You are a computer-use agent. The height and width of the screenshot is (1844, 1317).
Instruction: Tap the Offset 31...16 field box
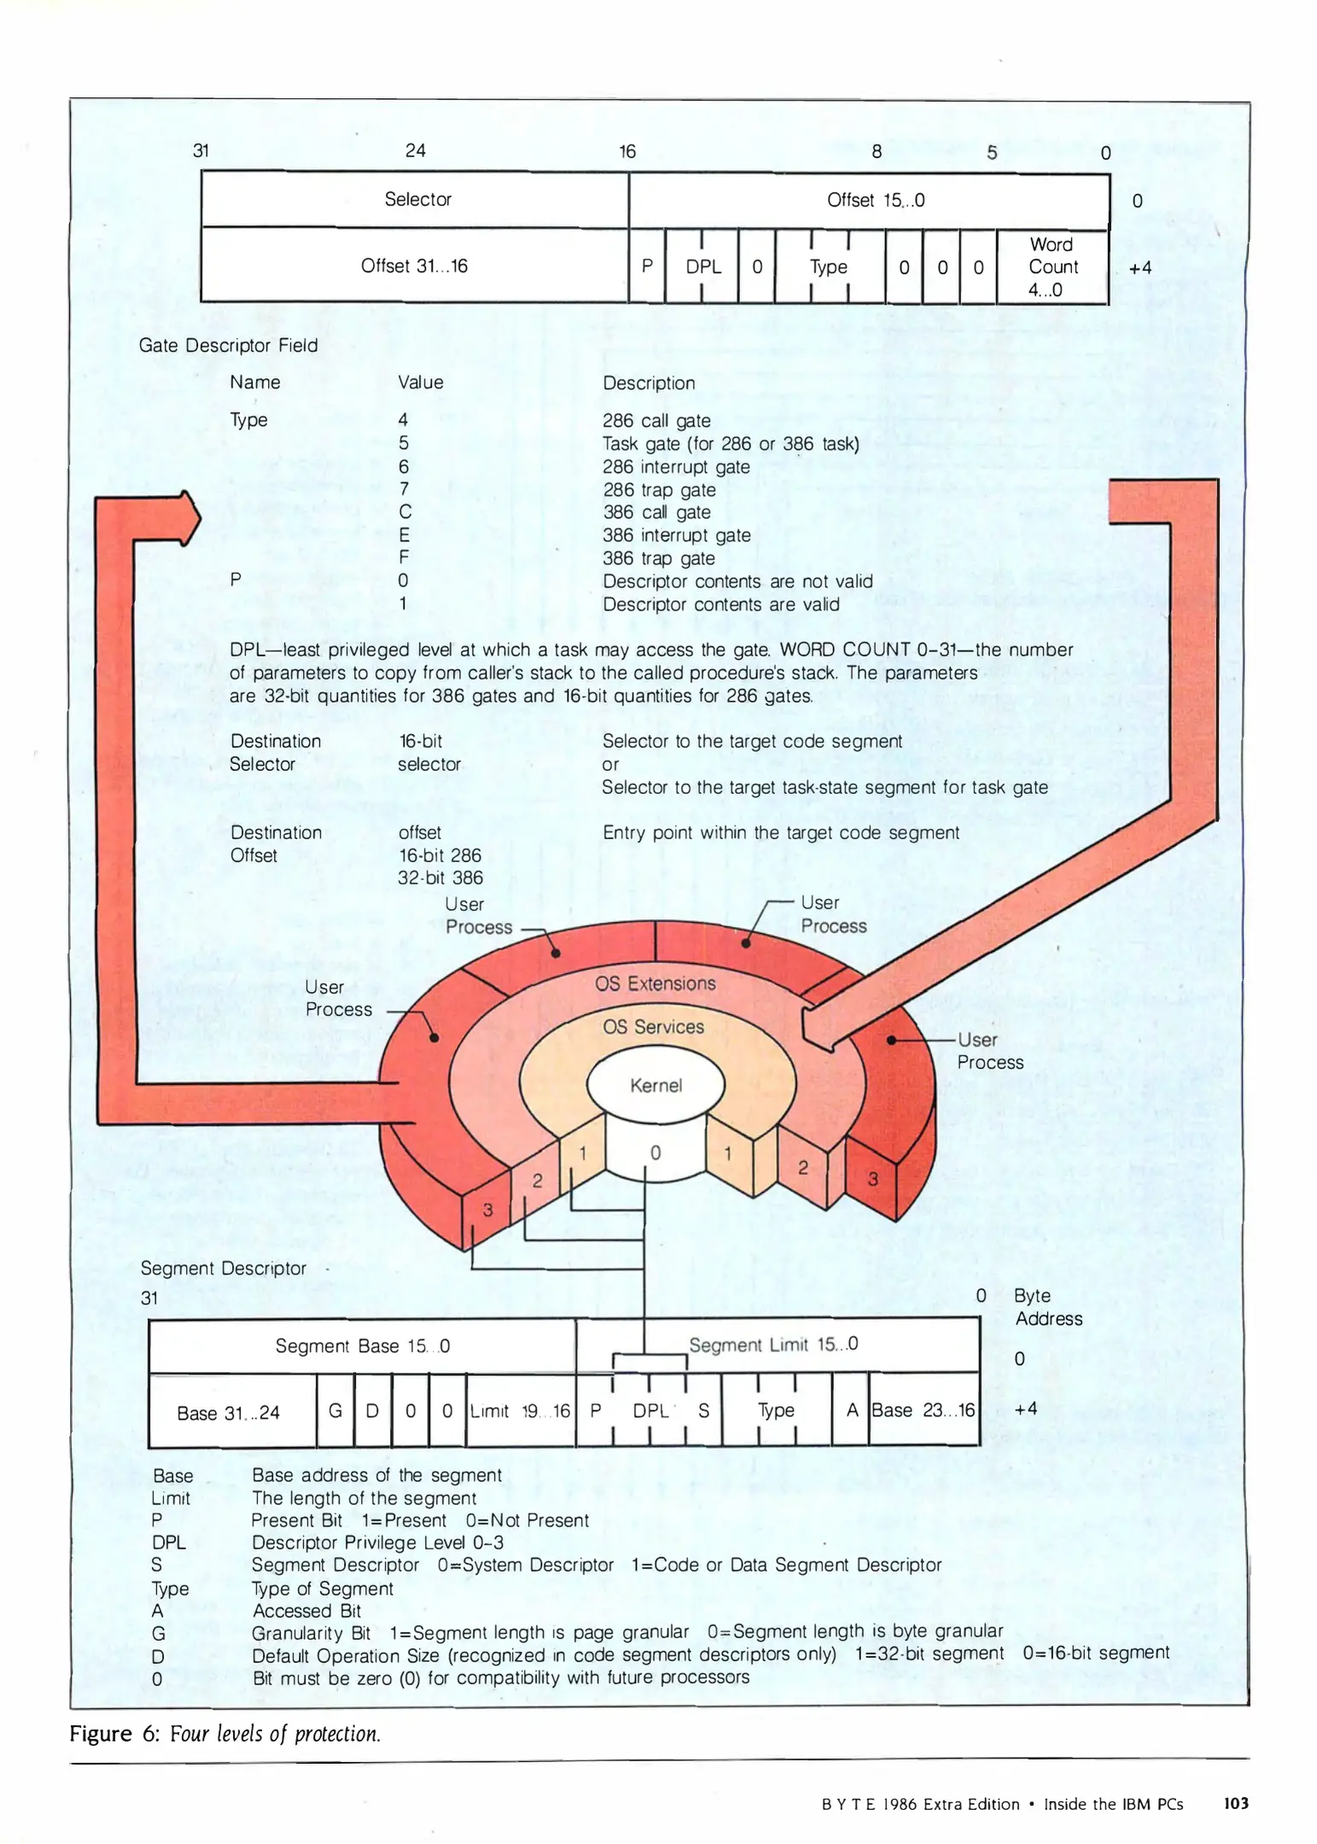[x=414, y=266]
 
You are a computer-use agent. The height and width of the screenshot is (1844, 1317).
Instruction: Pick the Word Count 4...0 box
[x=1052, y=267]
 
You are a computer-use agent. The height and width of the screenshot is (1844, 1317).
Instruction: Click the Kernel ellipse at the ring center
[x=656, y=1085]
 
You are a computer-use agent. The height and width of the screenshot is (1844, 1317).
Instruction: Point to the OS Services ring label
[x=654, y=1027]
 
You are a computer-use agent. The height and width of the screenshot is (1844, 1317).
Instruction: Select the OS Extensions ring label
[x=656, y=983]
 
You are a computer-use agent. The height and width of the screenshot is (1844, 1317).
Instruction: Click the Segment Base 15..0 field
[x=362, y=1345]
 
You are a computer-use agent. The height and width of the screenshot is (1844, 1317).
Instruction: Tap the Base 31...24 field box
[x=229, y=1412]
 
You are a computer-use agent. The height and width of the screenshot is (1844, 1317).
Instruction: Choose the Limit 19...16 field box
[x=521, y=1410]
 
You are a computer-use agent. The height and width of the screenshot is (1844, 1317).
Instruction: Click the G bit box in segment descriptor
[x=335, y=1410]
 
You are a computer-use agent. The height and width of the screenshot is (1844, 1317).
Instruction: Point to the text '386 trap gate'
[x=659, y=558]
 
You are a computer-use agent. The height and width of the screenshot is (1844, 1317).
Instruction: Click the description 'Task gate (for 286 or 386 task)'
[x=731, y=444]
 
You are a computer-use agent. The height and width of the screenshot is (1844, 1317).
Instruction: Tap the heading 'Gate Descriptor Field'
[x=228, y=345]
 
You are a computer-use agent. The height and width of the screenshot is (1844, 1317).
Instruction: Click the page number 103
[x=1236, y=1803]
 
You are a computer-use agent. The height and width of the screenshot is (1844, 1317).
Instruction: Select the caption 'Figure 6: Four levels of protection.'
[x=224, y=1733]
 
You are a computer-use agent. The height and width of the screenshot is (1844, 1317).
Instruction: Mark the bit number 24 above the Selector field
[x=416, y=150]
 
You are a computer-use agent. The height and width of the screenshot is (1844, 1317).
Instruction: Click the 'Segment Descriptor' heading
[x=223, y=1268]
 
